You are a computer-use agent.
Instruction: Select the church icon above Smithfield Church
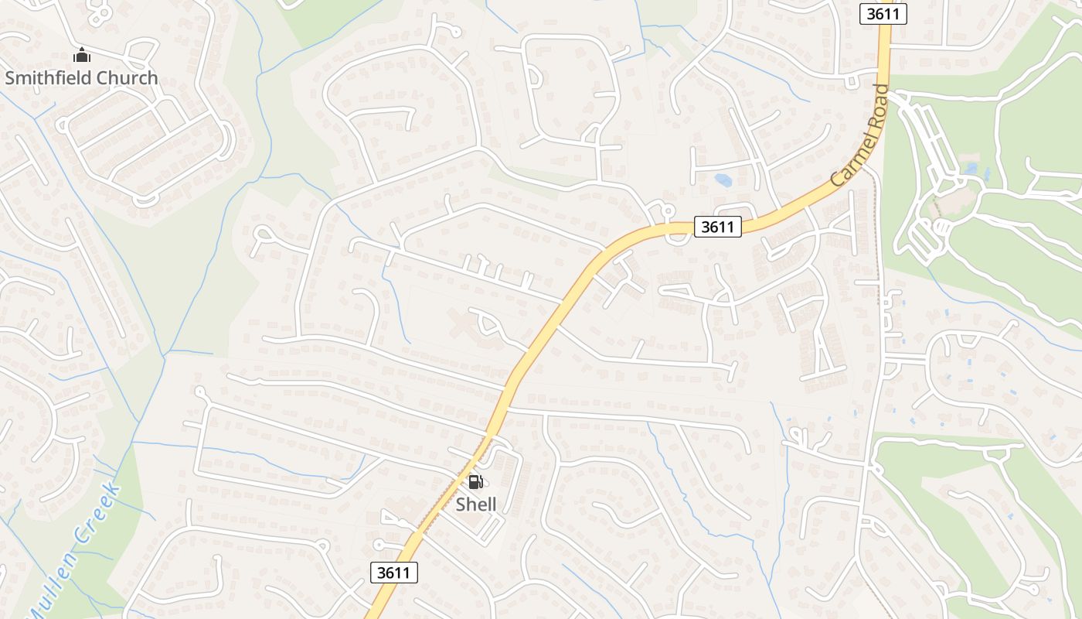pos(81,55)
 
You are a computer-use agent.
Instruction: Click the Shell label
pos(475,504)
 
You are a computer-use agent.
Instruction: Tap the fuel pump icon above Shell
pos(475,482)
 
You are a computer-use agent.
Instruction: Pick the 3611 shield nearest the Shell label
pos(394,573)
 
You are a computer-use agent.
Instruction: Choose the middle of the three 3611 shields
pos(718,227)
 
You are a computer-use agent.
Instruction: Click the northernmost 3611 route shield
pos(883,13)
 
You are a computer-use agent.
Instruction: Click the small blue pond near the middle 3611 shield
pos(723,180)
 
